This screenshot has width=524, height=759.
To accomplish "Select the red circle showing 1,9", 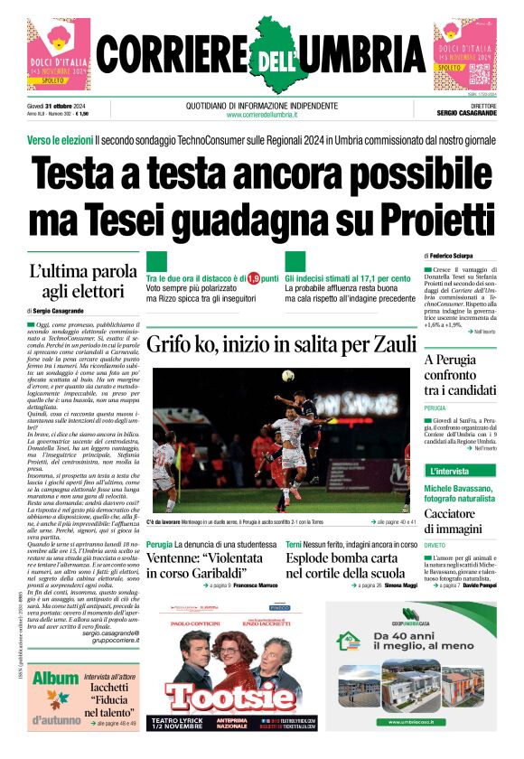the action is tap(253, 278).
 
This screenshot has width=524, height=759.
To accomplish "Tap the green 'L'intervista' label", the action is tap(449, 471).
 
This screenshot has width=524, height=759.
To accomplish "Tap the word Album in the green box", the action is tap(55, 679).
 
